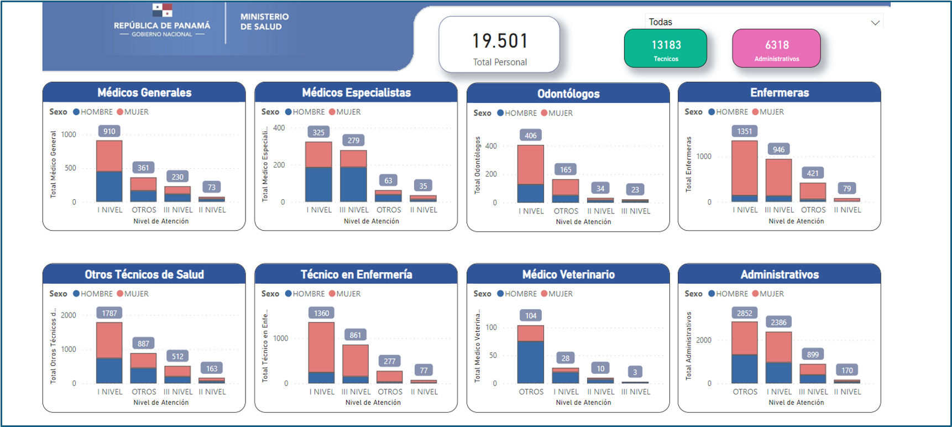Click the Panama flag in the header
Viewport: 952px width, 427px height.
(x=162, y=10)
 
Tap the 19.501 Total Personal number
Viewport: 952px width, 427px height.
(x=500, y=41)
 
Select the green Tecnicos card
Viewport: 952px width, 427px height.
(x=666, y=49)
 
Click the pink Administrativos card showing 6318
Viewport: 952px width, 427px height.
(x=776, y=49)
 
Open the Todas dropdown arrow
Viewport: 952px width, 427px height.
(x=875, y=23)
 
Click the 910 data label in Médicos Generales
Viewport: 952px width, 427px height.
(x=109, y=132)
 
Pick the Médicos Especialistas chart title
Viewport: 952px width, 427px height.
(x=356, y=93)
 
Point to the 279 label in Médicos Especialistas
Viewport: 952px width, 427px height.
(x=354, y=140)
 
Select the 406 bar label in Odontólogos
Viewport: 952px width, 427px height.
(x=531, y=136)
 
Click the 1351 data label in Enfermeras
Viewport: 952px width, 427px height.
(x=745, y=132)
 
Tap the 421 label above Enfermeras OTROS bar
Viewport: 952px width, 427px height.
(x=813, y=173)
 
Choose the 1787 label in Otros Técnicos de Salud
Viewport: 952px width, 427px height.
(x=109, y=314)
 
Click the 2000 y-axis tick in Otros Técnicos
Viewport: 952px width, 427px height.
(x=69, y=315)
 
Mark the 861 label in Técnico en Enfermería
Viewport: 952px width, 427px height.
(x=355, y=335)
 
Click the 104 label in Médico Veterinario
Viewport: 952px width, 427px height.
(x=531, y=316)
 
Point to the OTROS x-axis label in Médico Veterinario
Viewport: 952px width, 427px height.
(x=531, y=392)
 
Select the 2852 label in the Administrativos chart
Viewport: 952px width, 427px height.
(x=745, y=314)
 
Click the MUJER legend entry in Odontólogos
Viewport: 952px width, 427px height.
(x=560, y=113)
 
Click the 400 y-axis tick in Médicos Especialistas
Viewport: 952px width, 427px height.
(x=279, y=128)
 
